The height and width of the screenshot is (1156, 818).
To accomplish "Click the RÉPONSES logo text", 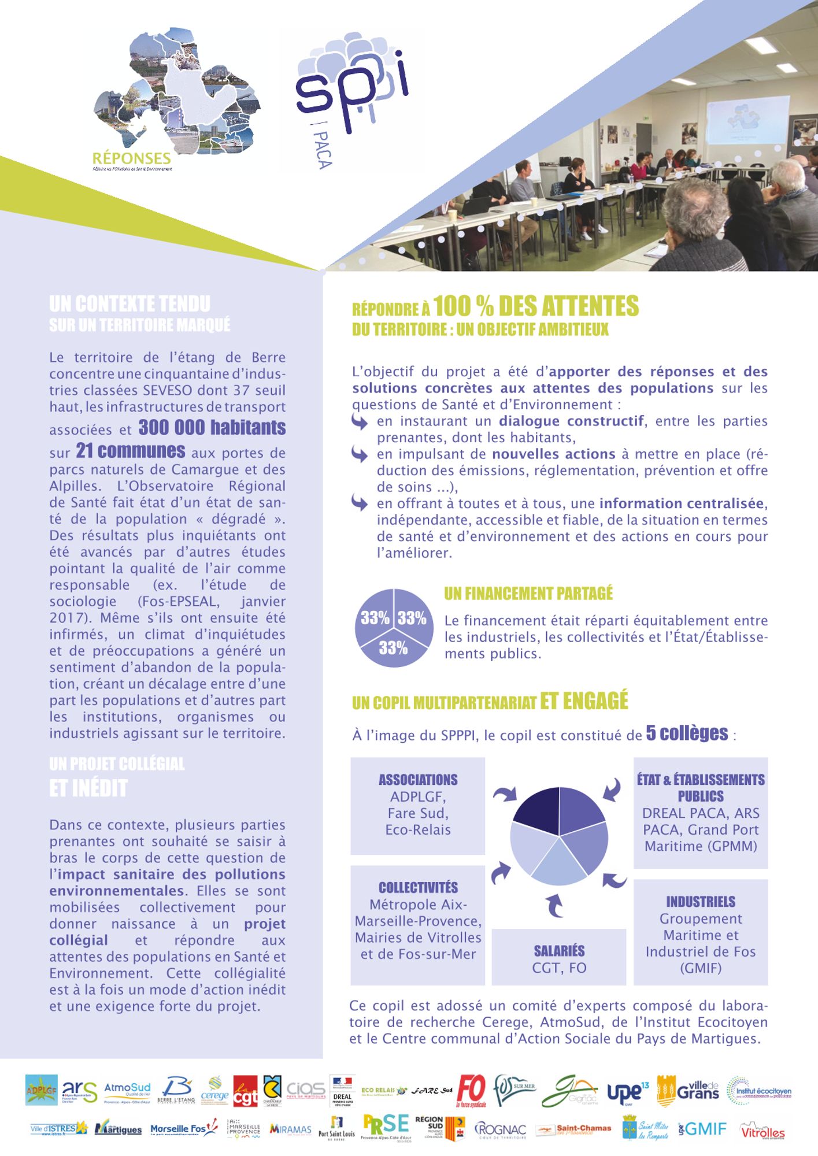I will pos(132,158).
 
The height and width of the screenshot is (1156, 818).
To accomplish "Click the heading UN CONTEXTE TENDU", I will pos(129,304).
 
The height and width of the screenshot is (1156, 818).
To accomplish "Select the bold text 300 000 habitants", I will pos(212,428).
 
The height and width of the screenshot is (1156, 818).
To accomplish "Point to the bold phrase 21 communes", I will pos(131,451).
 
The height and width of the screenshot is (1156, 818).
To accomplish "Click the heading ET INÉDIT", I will pos(88,788).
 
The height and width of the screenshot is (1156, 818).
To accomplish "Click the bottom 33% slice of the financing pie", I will pos(393,649).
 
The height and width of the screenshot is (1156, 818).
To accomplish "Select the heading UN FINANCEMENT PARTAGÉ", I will pos(528,594).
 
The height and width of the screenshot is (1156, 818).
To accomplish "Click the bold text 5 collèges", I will pos(687,733).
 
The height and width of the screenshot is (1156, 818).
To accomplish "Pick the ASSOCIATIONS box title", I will pos(418,780).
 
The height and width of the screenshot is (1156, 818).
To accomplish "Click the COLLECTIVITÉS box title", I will pos(418,888).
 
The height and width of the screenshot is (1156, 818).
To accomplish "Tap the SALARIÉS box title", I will pos(559,951).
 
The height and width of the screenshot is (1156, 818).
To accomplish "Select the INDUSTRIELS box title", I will pos(701,902).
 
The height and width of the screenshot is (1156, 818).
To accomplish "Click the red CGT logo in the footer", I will pos(245,1091).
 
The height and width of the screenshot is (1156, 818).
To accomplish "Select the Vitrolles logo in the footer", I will pos(763,1131).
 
